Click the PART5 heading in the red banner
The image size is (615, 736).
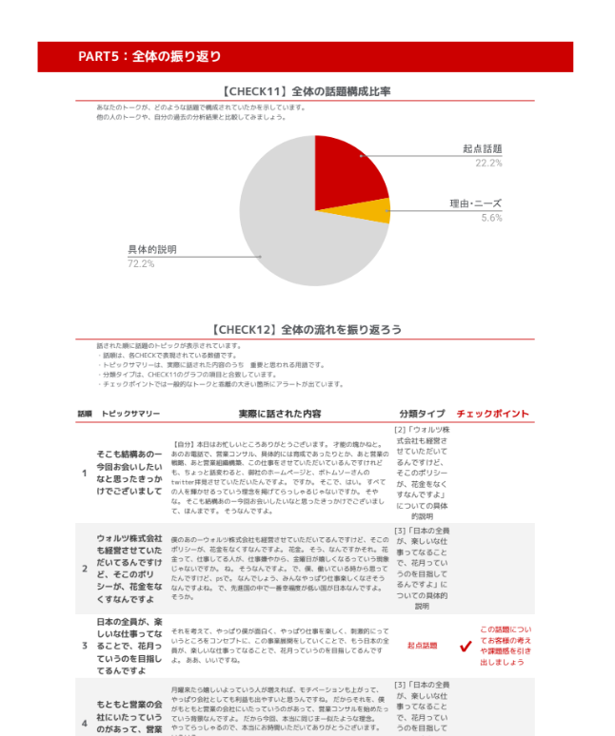point(149,57)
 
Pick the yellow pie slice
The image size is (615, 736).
point(377,211)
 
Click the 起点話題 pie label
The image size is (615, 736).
point(482,149)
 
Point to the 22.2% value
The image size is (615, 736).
point(488,163)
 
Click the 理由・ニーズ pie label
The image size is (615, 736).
point(475,204)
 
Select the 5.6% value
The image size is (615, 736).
point(491,218)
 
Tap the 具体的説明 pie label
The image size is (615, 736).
point(152,249)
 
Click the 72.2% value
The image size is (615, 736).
point(141,263)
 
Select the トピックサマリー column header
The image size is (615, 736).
point(130,415)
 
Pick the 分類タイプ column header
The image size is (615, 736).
point(422,414)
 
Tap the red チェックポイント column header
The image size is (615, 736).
point(494,414)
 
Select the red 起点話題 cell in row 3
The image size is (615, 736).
point(422,645)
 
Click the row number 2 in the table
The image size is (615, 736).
point(84,568)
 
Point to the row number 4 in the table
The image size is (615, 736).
point(84,723)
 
